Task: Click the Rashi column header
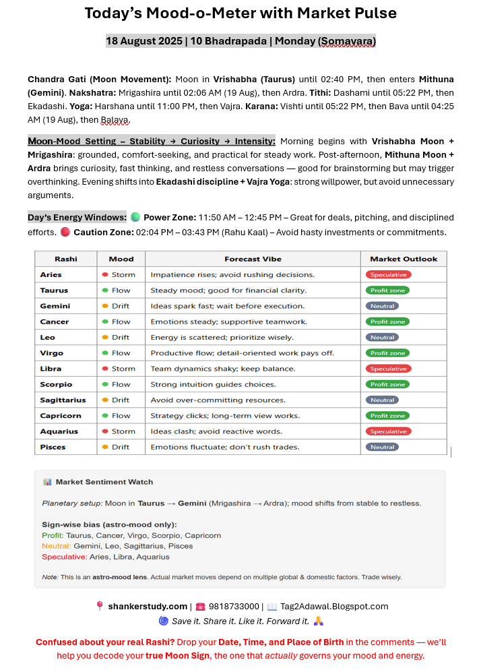pyautogui.click(x=65, y=259)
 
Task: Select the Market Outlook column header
pyautogui.click(x=404, y=259)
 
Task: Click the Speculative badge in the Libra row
pyautogui.click(x=388, y=369)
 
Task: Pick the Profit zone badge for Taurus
pyautogui.click(x=387, y=291)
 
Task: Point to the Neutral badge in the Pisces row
pyautogui.click(x=382, y=447)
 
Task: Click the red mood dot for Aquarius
pyautogui.click(x=105, y=431)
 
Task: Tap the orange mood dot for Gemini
pyautogui.click(x=105, y=306)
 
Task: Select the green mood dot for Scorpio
pyautogui.click(x=105, y=384)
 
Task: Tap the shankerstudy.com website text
pyautogui.click(x=148, y=607)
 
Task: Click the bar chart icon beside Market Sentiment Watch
pyautogui.click(x=47, y=482)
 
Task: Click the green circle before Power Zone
pyautogui.click(x=135, y=218)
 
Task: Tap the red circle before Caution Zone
pyautogui.click(x=65, y=233)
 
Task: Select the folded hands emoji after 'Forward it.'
pyautogui.click(x=319, y=621)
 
